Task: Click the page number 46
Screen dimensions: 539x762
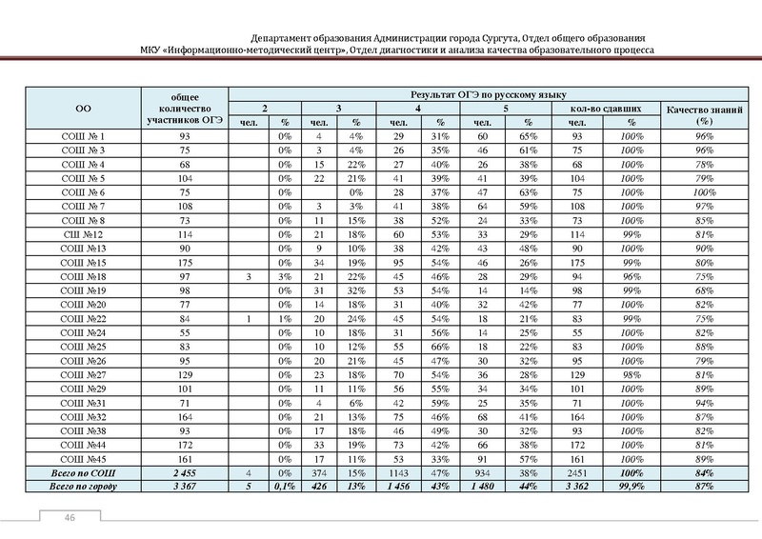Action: click(x=70, y=517)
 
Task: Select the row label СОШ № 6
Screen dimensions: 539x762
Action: click(x=83, y=192)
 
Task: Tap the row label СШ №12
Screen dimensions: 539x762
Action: click(x=83, y=234)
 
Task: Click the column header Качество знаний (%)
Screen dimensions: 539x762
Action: click(x=704, y=115)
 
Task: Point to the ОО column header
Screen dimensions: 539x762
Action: click(x=83, y=109)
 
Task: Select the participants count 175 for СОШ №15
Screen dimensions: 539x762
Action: click(x=185, y=262)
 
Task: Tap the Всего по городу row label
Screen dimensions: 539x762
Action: click(x=83, y=487)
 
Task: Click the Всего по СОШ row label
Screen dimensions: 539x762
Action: click(x=83, y=472)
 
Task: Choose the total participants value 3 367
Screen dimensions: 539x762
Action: click(x=185, y=487)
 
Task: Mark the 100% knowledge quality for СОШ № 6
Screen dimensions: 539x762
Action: click(x=704, y=192)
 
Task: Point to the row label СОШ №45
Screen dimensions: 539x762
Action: click(x=83, y=458)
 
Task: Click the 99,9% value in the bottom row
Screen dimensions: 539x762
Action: click(x=631, y=487)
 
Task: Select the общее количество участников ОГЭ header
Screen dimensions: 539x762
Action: click(x=185, y=109)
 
